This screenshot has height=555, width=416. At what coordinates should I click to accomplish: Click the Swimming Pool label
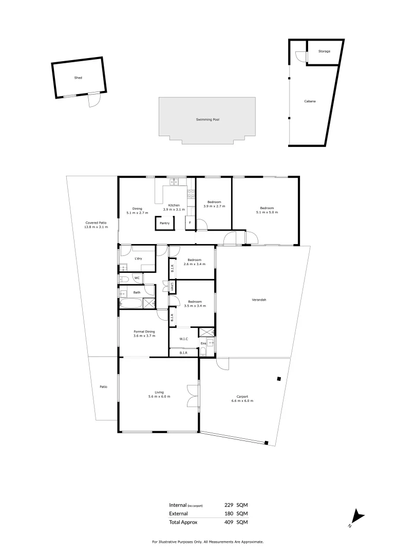coord(207,120)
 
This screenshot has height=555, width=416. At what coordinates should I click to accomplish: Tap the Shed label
coord(78,78)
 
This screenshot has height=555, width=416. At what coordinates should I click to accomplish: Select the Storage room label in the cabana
coord(324,51)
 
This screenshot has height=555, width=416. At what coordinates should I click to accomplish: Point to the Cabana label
coord(310,101)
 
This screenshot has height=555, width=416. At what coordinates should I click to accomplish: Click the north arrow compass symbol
coord(356,518)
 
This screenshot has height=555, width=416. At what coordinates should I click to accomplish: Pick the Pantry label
coord(164,223)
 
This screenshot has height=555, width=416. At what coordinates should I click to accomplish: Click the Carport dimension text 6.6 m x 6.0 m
coord(242,401)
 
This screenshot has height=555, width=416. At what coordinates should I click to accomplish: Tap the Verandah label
coord(259,300)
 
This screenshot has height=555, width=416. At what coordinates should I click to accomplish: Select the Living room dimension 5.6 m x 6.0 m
coord(159,397)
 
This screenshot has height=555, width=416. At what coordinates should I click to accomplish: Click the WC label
coord(137,278)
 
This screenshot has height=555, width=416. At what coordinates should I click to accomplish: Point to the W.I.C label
coord(183,339)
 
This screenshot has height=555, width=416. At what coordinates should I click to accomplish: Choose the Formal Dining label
coord(144,332)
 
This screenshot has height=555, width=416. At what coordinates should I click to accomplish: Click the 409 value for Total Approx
coord(229,522)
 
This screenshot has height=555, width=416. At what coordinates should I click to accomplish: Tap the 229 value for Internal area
coord(229,505)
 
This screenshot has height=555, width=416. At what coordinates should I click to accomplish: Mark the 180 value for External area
coord(229,513)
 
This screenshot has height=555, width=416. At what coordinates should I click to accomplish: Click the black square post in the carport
coord(278,379)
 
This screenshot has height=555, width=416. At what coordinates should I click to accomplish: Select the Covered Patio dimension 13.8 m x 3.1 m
coord(97,227)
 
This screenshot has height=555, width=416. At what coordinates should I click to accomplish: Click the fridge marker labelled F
coord(190,223)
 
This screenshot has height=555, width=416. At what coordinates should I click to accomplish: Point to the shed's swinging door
coord(93,101)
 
